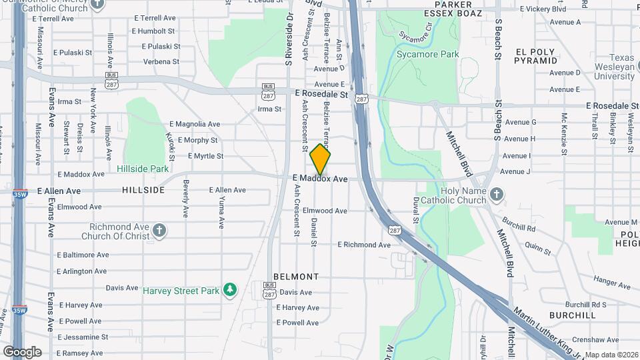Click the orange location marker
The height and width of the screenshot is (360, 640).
321,159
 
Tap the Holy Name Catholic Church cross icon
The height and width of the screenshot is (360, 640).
496,193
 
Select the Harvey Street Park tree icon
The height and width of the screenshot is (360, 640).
230,289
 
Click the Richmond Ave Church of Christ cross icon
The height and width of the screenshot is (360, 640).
159,230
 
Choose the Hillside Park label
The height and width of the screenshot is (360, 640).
142,169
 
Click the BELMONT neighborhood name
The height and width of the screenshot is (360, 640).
296,276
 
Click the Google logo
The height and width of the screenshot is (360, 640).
22,351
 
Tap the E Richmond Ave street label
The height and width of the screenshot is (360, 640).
364,245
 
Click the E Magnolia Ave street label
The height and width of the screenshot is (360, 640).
195,124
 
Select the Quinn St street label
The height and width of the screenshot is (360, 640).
537,248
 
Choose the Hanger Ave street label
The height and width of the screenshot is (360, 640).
611,283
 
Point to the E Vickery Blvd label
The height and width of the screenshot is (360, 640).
541,9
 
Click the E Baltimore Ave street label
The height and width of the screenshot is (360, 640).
83,255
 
